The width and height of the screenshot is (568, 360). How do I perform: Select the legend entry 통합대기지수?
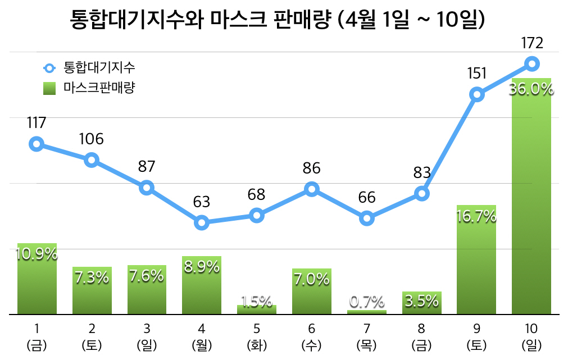click(89, 69)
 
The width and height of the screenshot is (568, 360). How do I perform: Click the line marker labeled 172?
click(531, 63)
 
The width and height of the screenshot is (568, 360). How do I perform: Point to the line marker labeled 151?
click(477, 94)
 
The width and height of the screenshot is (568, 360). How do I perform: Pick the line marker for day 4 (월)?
click(202, 223)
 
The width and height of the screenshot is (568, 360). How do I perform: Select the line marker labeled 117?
click(37, 144)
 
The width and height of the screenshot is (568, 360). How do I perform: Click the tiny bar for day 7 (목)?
click(366, 312)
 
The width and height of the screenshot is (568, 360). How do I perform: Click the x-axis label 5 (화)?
click(256, 336)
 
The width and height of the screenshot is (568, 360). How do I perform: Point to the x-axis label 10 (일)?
click(531, 336)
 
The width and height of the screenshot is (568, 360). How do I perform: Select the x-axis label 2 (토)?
click(92, 336)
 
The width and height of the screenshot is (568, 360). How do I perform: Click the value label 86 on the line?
click(311, 168)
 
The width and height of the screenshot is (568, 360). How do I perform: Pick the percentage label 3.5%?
click(421, 301)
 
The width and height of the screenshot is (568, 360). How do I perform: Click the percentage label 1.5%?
click(257, 302)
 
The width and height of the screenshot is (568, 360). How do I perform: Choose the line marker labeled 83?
click(421, 194)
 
